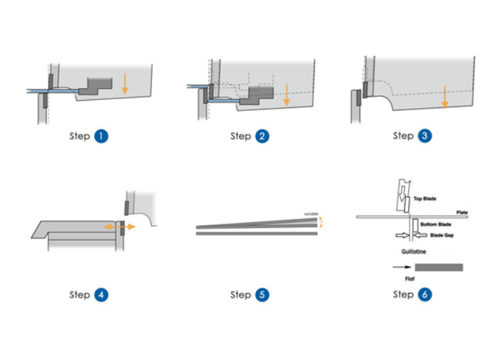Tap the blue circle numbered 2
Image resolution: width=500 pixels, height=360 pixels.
pos(263,136)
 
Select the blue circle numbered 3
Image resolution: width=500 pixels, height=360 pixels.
pos(425,136)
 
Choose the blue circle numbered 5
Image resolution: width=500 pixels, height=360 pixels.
pos(263,295)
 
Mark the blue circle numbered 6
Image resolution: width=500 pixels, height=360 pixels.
pos(425,295)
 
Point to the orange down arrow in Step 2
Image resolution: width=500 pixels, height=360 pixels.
pos(287,94)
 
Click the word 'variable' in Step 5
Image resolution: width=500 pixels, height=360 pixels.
pos(312,214)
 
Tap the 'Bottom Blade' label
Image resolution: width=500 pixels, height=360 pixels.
pos(435,223)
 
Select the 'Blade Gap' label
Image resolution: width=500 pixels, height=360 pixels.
pos(438,236)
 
